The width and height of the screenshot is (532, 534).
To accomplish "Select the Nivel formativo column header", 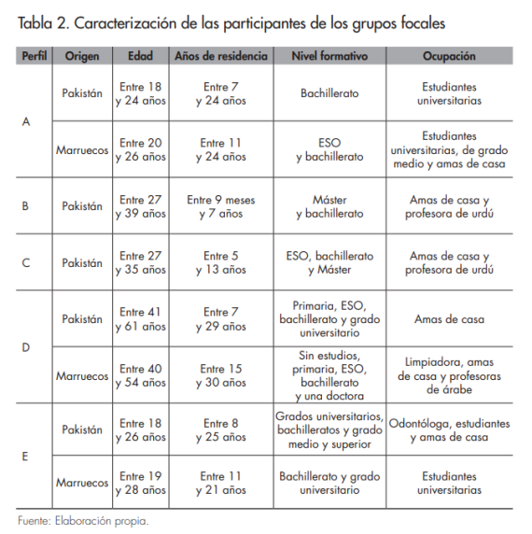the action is point(329,56).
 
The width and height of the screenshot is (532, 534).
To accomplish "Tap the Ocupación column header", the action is point(449,56).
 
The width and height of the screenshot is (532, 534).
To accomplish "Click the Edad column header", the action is point(140,56).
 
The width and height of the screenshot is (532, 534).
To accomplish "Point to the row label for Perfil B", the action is point(25,206).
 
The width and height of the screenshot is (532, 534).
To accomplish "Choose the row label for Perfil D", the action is point(25,347).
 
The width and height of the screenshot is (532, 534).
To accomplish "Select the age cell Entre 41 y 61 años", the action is point(140,319).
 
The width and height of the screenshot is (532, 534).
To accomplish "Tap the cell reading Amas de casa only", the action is point(449,319).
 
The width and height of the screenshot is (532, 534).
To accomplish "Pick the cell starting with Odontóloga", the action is point(449,430).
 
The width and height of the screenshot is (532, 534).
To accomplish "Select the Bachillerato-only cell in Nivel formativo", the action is point(329,93).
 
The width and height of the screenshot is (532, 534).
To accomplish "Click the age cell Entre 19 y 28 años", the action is point(140,483).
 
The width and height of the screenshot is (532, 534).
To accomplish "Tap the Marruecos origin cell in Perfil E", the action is point(82,483).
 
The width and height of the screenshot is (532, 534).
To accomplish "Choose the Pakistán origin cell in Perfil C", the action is point(82,263).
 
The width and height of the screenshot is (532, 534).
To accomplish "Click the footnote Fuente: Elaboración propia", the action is point(82,521).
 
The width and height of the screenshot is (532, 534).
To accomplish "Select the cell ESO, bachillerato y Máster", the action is point(329,263).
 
